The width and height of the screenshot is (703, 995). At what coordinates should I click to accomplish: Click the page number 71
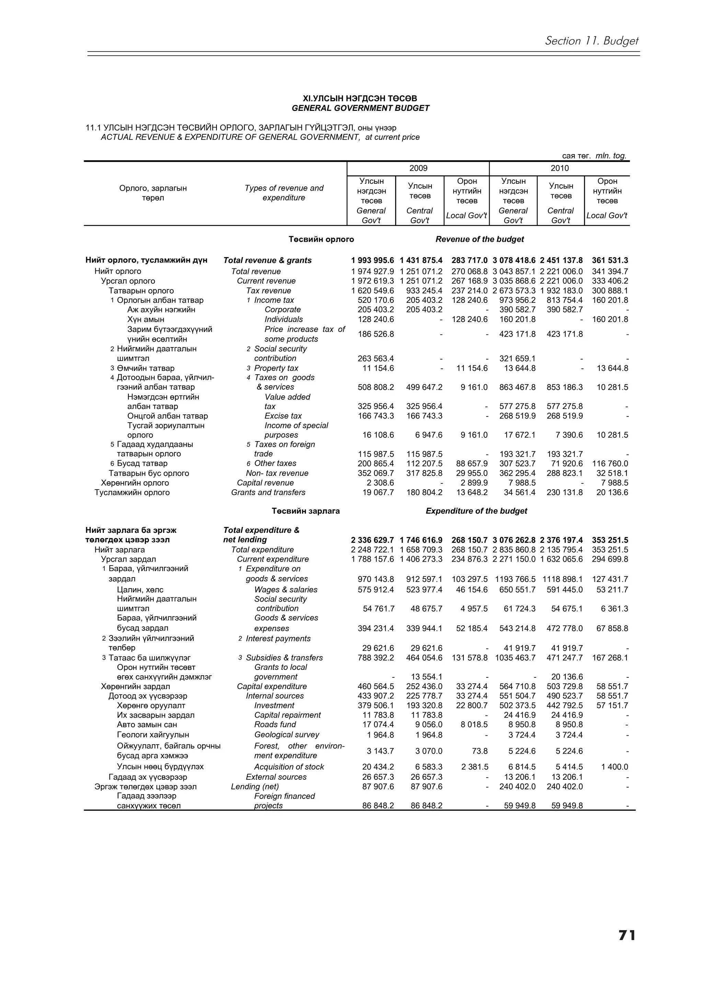click(x=626, y=947)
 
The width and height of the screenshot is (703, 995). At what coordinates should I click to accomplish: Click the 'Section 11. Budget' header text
click(x=591, y=41)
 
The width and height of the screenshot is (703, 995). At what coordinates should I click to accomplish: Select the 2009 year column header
click(x=418, y=168)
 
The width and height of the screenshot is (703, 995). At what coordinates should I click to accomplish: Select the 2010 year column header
click(x=559, y=168)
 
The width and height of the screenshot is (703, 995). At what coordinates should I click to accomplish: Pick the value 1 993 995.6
click(x=372, y=261)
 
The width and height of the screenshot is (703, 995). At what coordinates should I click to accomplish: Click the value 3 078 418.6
click(x=514, y=261)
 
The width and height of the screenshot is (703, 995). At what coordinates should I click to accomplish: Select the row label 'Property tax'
click(x=276, y=368)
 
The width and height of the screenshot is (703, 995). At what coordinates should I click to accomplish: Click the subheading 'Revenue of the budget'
click(x=480, y=239)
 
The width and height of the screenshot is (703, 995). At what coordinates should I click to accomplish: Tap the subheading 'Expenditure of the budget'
click(x=476, y=511)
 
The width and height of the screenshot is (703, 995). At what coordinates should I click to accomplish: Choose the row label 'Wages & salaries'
click(x=286, y=590)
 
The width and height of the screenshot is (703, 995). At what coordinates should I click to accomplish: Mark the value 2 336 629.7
click(x=372, y=540)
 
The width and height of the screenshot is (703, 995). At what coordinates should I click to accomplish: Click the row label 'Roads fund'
click(x=275, y=724)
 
